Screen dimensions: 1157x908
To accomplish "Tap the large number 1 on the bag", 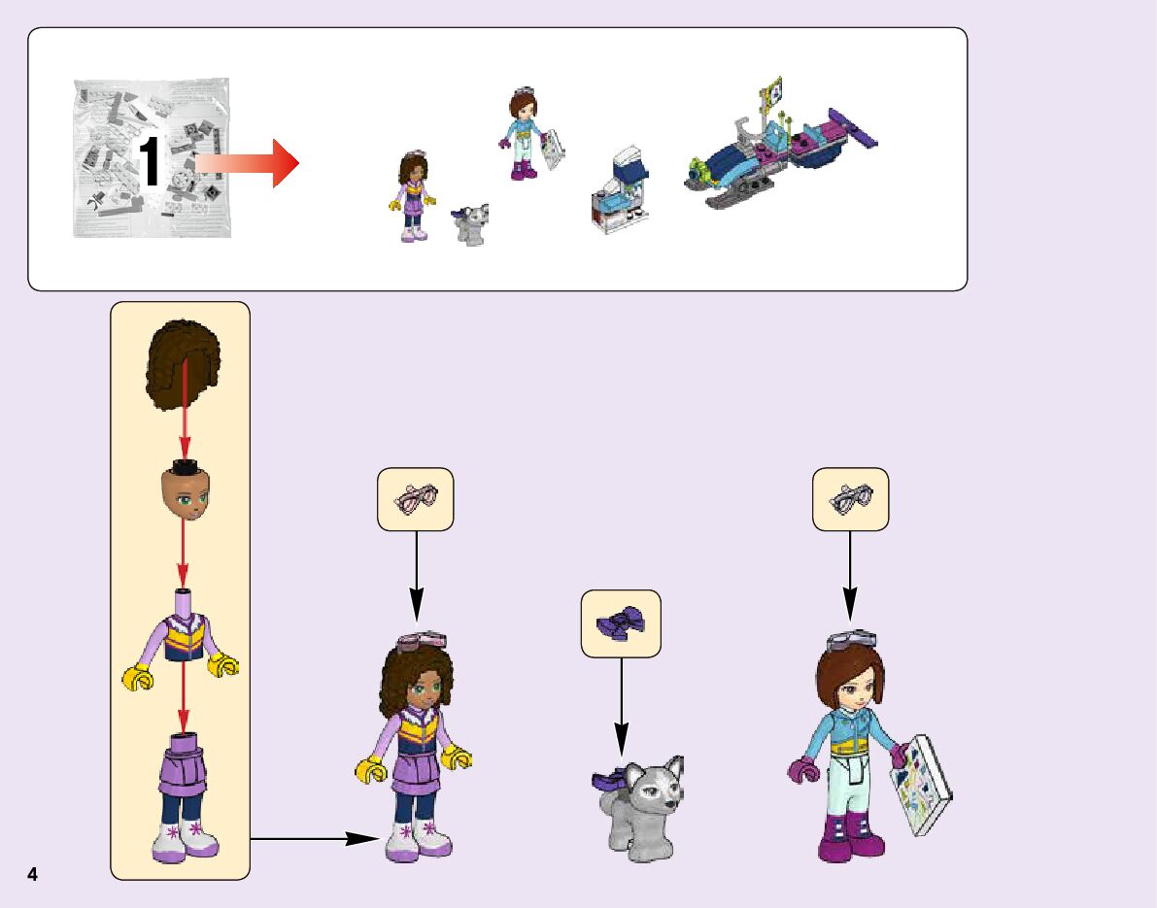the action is click(x=151, y=163).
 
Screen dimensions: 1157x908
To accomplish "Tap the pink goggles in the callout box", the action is click(x=415, y=499).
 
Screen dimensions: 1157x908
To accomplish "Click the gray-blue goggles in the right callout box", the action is click(x=850, y=499).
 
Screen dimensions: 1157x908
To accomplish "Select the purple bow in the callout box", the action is click(x=621, y=623).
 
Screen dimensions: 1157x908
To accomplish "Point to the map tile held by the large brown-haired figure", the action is click(x=922, y=785).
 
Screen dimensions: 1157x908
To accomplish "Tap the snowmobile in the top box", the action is click(x=777, y=155).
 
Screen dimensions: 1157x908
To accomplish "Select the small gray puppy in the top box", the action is click(x=469, y=224).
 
